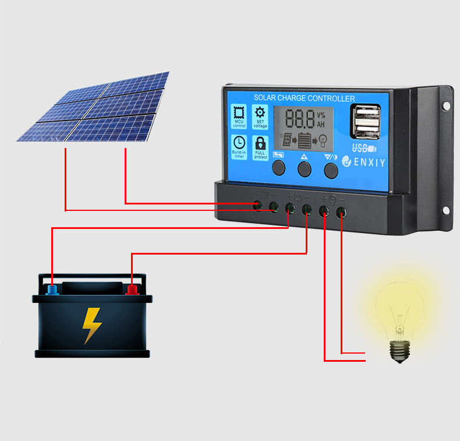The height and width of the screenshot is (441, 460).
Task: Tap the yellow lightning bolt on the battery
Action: tap(91, 324)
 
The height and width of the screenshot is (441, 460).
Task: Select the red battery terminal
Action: tap(133, 288)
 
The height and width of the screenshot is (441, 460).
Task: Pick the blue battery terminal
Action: tap(52, 288)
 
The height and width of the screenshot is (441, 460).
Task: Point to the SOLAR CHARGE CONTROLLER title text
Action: tap(304, 98)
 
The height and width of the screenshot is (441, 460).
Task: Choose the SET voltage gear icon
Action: tap(260, 113)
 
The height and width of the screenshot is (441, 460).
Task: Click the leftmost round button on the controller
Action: tap(279, 169)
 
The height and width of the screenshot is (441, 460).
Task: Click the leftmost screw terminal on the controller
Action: tap(257, 204)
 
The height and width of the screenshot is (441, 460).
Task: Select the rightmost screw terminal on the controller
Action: tap(341, 213)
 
